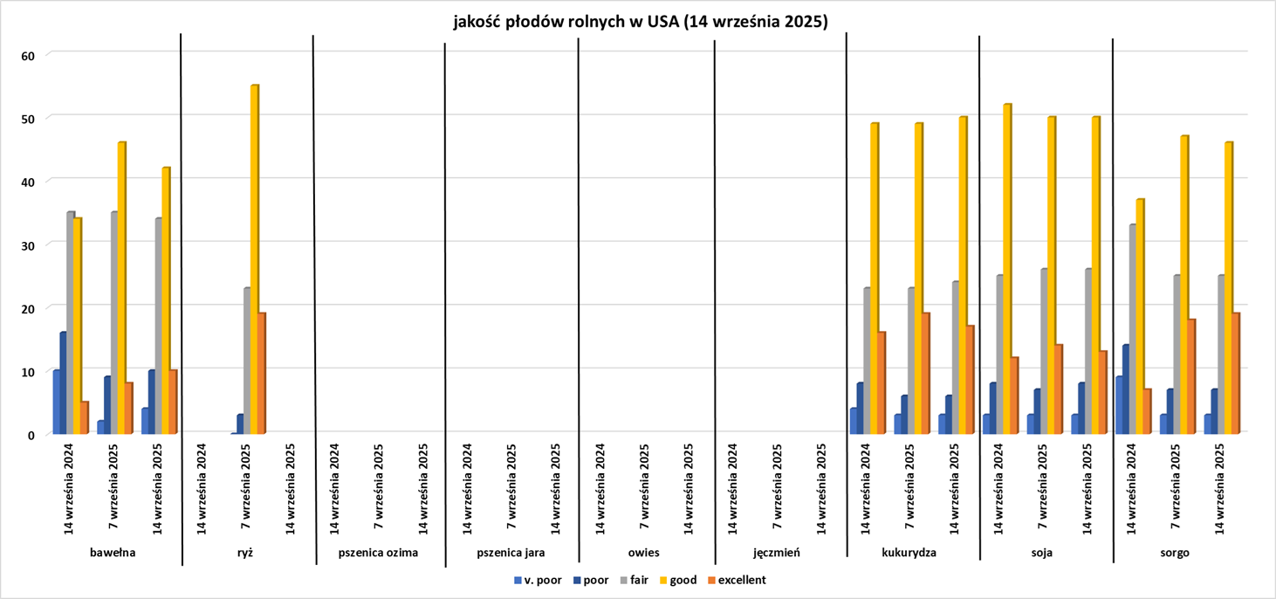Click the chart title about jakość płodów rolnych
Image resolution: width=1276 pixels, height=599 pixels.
point(639,22)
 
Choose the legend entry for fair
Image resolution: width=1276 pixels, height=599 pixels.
point(635,580)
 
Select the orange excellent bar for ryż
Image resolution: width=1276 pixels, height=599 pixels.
point(262,374)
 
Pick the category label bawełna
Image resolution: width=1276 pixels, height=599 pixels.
point(113,553)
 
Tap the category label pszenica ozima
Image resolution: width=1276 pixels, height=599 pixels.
point(378,553)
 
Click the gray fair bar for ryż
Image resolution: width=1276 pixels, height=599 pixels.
point(247,361)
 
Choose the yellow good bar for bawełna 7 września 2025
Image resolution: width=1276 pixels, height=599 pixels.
point(121,288)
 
